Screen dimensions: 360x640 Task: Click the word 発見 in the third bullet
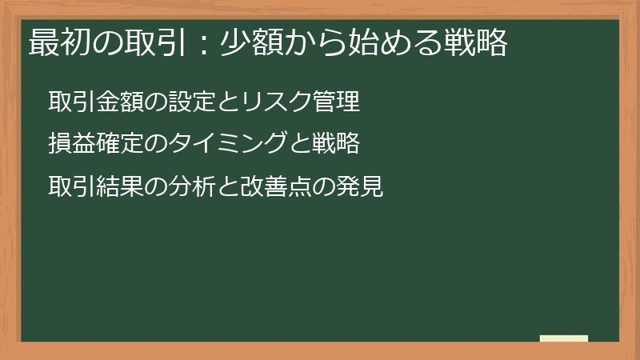pyautogui.click(x=361, y=186)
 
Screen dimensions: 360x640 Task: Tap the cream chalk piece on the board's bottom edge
pyautogui.click(x=564, y=338)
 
